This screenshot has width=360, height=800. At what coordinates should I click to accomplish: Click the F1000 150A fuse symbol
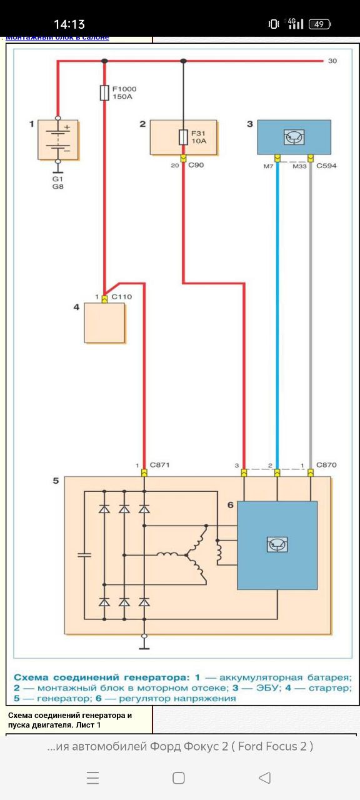coord(104,93)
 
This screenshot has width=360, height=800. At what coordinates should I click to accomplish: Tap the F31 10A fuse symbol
coord(183,137)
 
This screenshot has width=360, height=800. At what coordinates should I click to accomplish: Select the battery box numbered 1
coord(58,139)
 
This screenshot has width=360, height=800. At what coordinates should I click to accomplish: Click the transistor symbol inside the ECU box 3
coord(294,137)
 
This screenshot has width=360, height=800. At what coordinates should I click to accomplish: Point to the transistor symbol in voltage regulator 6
coord(277,544)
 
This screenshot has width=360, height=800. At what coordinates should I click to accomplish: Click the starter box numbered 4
coord(104,323)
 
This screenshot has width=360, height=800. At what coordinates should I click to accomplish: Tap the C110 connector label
coord(122,297)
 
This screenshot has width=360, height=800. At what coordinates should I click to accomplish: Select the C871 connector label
coord(159,465)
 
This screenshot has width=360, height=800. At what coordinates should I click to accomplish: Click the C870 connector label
coord(326,465)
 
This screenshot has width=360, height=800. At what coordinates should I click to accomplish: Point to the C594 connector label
coord(326,166)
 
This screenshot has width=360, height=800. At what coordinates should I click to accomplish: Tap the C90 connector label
coord(196,165)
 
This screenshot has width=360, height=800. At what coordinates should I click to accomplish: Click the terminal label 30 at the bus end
coord(332,61)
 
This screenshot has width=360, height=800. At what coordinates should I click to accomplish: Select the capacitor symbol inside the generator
coord(84,555)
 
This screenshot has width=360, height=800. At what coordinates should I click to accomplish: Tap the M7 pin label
coord(268,166)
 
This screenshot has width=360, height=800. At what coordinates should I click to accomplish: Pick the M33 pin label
coord(299,166)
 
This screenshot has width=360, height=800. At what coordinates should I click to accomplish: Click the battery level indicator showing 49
coord(319,24)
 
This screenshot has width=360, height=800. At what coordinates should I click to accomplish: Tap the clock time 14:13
coord(69,24)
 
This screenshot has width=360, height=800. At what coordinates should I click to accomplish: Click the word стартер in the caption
coord(329,688)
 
